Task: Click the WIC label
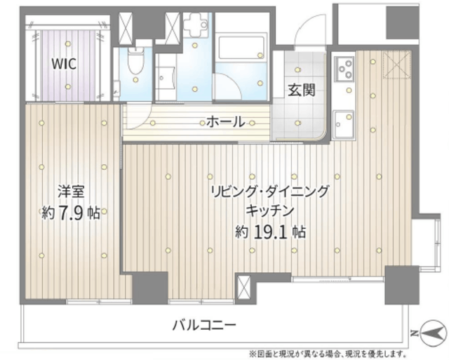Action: coord(62,62)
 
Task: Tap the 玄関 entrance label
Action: coord(300,89)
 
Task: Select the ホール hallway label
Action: coord(224,121)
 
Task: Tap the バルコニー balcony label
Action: coord(204,325)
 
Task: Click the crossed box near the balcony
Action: coord(243,288)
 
